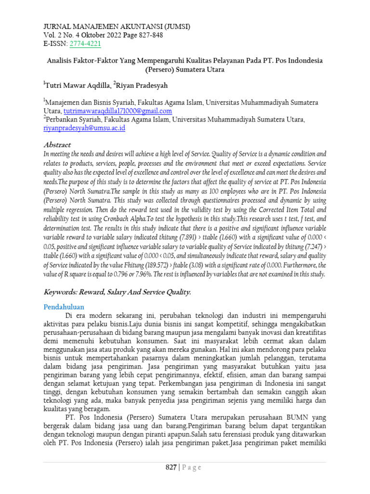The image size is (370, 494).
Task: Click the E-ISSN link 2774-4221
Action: click(x=86, y=44)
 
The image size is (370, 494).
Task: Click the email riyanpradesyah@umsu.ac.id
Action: click(x=84, y=128)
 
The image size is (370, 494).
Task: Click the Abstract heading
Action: click(x=57, y=145)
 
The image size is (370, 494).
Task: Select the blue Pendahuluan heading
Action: click(x=64, y=307)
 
